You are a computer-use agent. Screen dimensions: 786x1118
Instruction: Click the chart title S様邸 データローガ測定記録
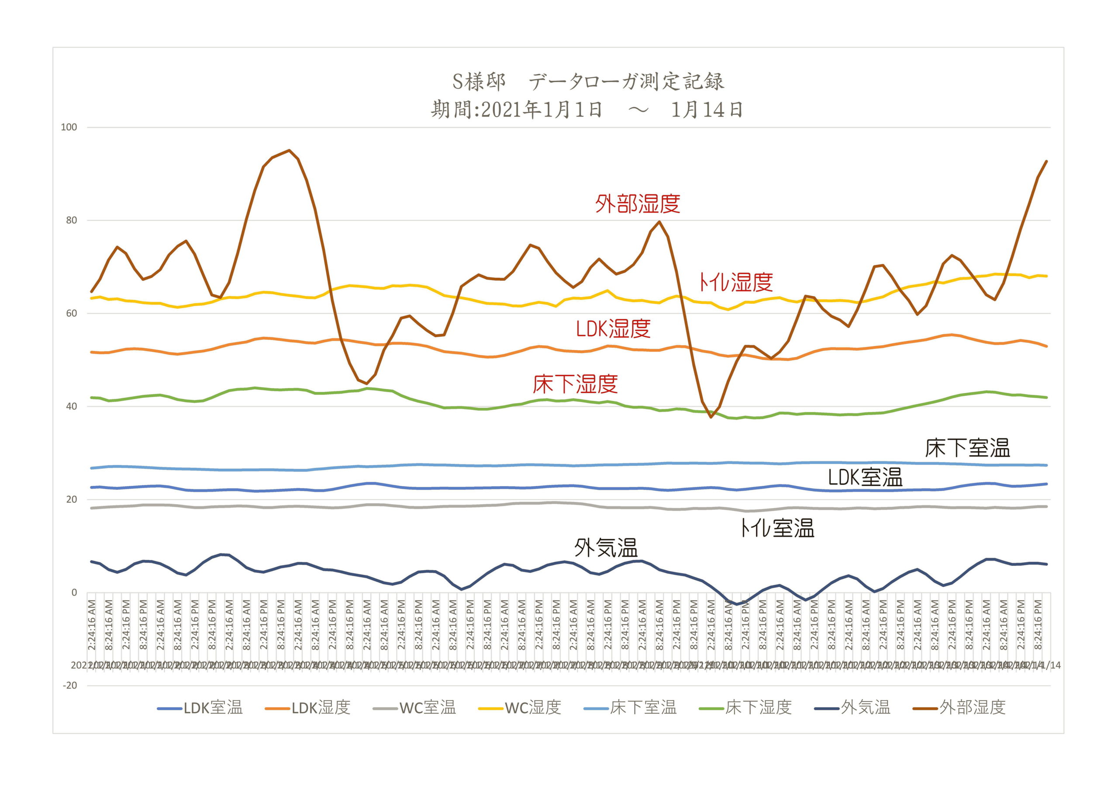(x=588, y=81)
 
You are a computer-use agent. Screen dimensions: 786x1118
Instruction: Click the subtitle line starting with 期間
(x=587, y=110)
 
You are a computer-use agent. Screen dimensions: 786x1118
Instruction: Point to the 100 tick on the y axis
(x=69, y=127)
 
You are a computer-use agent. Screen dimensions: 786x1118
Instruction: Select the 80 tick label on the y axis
(x=71, y=220)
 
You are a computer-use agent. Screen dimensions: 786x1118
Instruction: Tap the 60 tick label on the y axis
(x=71, y=313)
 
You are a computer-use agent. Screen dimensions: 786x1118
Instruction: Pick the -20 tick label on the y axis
(x=69, y=686)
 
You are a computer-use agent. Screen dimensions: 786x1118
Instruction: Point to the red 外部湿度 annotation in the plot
(x=638, y=204)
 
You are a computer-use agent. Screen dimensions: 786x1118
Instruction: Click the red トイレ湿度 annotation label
(x=735, y=282)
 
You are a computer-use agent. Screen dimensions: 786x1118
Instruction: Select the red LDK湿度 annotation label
(x=613, y=329)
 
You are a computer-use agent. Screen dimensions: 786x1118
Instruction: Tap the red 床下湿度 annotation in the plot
(x=575, y=384)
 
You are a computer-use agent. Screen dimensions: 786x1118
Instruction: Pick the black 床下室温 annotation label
(x=967, y=448)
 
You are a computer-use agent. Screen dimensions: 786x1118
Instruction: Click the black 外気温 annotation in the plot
(x=606, y=548)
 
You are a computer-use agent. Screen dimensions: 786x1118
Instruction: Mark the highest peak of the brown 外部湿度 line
(x=289, y=150)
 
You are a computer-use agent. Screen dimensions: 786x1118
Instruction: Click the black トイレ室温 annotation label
(x=777, y=528)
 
